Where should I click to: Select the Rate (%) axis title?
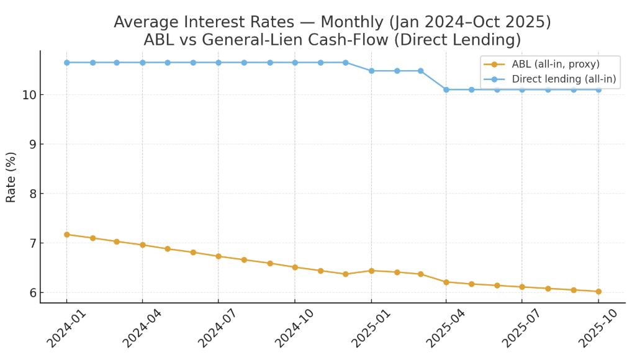[11, 177]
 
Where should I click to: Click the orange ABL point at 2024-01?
[66, 234]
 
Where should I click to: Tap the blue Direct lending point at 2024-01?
[66, 63]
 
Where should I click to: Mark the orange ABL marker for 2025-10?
[598, 291]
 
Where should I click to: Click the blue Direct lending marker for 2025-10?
[598, 89]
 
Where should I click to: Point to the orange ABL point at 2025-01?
[371, 271]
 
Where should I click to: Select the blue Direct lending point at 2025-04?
[446, 89]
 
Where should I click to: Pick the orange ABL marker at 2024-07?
[219, 256]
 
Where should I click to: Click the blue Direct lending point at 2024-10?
[295, 63]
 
